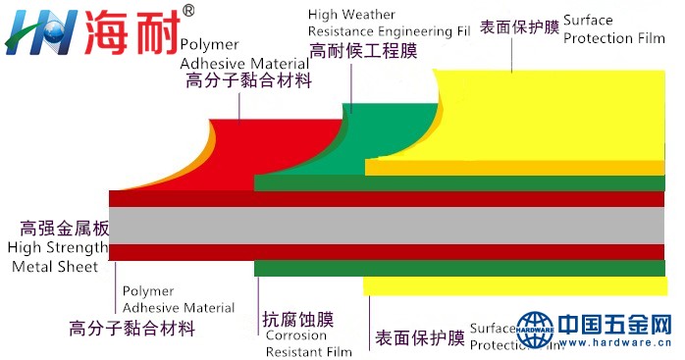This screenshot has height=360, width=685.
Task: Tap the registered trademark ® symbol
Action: pos(188,11)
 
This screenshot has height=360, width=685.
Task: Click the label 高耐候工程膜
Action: pos(363,51)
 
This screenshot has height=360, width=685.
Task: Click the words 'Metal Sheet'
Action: pos(55,267)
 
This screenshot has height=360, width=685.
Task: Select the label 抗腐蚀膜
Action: pos(298,319)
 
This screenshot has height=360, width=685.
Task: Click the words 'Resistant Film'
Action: pos(308,350)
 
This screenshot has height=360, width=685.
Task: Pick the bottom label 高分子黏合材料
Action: pos(132,328)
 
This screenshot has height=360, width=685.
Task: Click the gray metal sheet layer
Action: pos(393,225)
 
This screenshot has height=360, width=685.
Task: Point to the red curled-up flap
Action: pos(245,147)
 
